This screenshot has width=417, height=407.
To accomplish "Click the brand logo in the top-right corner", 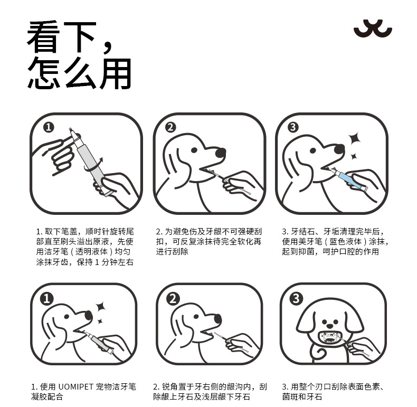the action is pyautogui.click(x=373, y=29).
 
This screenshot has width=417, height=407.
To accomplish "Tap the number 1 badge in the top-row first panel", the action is pyautogui.click(x=49, y=127).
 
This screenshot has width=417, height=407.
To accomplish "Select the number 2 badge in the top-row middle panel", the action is pyautogui.click(x=170, y=127).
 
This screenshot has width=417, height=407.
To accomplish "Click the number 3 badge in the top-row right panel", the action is pyautogui.click(x=293, y=127).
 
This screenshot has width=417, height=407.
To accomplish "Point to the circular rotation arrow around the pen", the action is pyautogui.click(x=93, y=167).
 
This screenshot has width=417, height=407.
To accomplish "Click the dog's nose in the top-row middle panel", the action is pyautogui.click(x=221, y=153).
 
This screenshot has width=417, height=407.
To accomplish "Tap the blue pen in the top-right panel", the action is pyautogui.click(x=346, y=178).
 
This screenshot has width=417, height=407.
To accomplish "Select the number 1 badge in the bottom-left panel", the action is pyautogui.click(x=47, y=299).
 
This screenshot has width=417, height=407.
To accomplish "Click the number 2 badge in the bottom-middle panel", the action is pyautogui.click(x=173, y=299).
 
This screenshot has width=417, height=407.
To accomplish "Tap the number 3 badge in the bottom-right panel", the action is pyautogui.click(x=296, y=298).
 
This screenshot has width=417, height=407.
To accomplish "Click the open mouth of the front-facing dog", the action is pyautogui.click(x=329, y=338).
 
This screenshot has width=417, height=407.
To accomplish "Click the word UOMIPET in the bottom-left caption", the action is pyautogui.click(x=75, y=386).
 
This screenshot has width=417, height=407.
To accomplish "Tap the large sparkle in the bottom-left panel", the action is pyautogui.click(x=101, y=307).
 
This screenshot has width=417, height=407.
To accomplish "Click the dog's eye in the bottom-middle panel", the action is pyautogui.click(x=196, y=317).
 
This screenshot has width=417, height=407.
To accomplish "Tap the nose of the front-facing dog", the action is pyautogui.click(x=330, y=326).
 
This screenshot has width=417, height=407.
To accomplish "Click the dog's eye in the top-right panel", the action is pyautogui.click(x=313, y=151).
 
